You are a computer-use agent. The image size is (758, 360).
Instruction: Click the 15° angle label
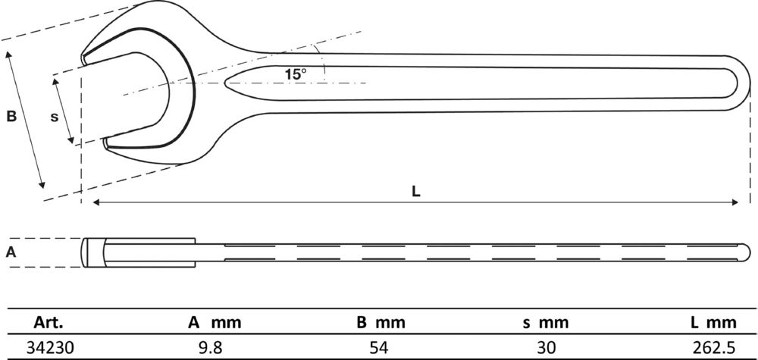296,74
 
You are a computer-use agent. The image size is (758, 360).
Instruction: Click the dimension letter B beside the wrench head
11,117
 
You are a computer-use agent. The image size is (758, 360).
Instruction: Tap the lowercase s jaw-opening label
54,117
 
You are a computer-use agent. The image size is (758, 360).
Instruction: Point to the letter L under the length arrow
416,192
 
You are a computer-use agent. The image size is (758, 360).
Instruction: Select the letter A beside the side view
11,252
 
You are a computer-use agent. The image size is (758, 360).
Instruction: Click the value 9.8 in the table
215,347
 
